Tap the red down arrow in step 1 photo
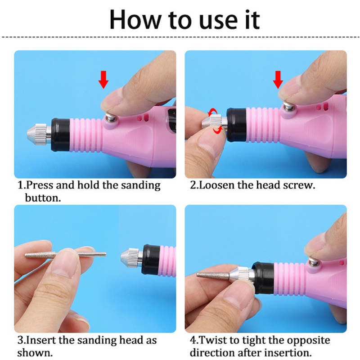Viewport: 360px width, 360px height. [x=104, y=80]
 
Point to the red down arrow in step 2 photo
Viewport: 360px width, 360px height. [x=278, y=80]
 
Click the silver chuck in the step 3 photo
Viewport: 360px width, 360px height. [x=130, y=257]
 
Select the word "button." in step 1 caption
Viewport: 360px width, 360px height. [x=43, y=198]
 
